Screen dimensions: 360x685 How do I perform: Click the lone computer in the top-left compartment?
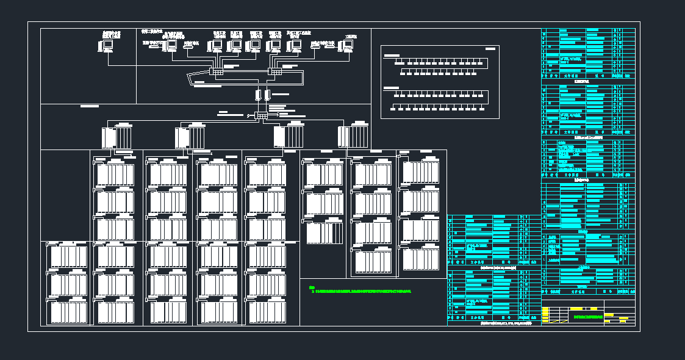[x=107, y=45]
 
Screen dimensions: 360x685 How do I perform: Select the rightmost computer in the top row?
[x=348, y=45]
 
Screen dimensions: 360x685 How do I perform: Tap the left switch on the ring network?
[x=217, y=71]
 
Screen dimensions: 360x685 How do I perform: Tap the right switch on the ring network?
[x=276, y=71]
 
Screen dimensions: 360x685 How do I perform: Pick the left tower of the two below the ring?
[x=258, y=95]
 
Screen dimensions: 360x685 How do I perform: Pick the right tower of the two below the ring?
[x=267, y=95]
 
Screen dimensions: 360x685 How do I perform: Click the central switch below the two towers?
[x=262, y=115]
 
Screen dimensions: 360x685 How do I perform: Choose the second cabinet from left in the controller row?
[x=190, y=137]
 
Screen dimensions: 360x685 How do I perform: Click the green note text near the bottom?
[x=360, y=291]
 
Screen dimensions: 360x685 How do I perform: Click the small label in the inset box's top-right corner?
[x=490, y=48]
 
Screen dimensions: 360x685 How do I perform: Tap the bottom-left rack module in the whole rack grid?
[x=68, y=312]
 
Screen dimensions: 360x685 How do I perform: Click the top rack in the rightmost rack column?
[x=421, y=171]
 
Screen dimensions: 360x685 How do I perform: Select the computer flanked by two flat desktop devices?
[x=171, y=45]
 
